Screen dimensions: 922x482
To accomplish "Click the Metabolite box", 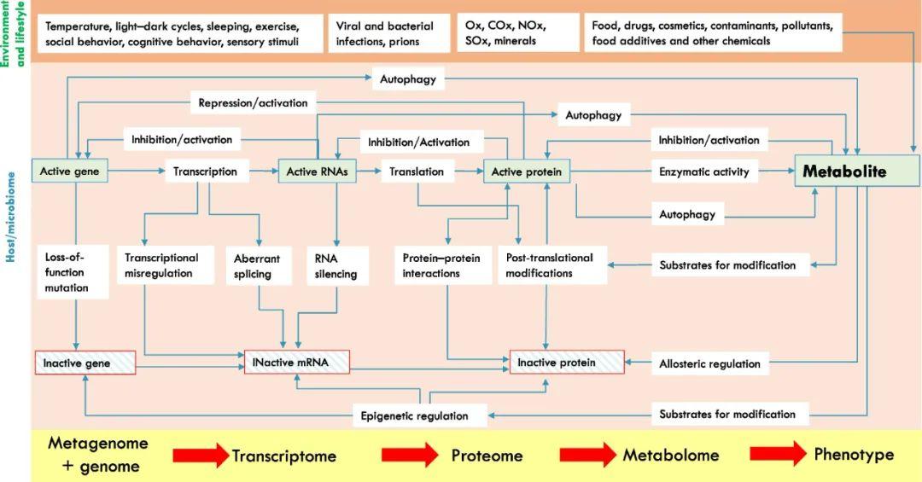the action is [857, 171].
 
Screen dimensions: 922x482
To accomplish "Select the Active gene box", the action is [70, 171].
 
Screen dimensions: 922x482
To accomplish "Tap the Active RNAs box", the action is [317, 171].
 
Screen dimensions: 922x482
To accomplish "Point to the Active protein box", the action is [526, 171].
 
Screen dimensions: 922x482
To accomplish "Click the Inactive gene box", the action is [85, 363].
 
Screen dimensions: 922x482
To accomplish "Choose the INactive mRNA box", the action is [297, 362].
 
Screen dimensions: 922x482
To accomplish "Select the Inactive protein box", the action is [567, 362].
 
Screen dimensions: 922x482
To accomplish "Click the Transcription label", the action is [205, 171].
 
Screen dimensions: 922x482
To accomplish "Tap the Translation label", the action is [417, 171].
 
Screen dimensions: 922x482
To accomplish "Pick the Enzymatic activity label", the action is [704, 171].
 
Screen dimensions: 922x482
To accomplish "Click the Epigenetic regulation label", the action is [415, 415].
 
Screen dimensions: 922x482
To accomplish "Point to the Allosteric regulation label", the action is [709, 364].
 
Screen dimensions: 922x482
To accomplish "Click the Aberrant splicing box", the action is [259, 265].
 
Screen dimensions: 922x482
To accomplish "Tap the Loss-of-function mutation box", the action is [73, 272].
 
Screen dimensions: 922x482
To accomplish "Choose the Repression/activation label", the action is [253, 102].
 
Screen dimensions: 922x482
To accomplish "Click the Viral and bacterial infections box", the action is [388, 33].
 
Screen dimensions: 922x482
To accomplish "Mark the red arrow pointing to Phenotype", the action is [778, 454].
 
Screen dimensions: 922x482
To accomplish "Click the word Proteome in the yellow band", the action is [487, 456].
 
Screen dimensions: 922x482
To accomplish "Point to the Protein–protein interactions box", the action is [443, 265].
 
